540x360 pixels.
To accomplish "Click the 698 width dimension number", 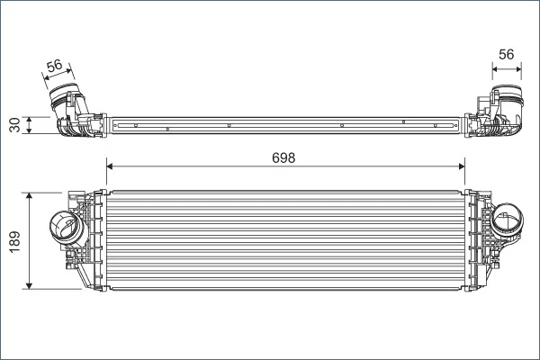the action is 283,157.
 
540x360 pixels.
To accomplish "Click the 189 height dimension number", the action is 14,241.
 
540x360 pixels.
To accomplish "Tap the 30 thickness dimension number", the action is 14,125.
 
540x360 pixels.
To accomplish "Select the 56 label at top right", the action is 506,54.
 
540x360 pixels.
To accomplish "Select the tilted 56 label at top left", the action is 54,66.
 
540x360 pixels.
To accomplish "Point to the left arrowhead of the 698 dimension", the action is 110,166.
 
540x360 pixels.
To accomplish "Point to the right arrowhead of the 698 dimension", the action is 462,166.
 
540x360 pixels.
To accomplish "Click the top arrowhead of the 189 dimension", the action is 30,196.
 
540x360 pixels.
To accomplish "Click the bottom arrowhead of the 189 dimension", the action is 30,285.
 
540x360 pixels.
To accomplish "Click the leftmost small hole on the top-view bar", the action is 136,125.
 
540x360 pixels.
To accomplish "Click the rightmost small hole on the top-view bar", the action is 436,126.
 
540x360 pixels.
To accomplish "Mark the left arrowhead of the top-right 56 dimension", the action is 496,69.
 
